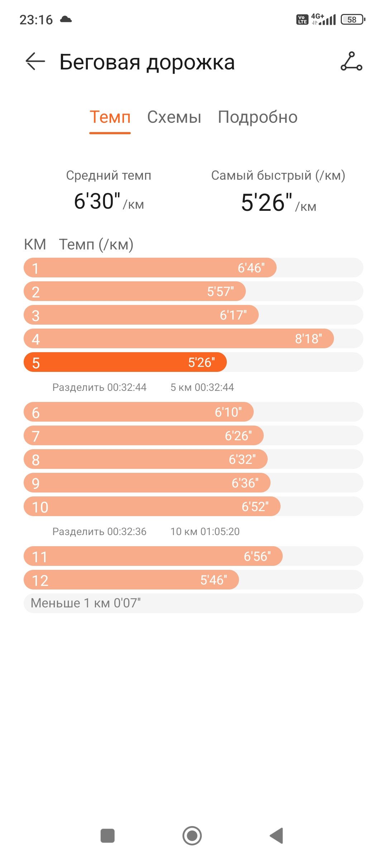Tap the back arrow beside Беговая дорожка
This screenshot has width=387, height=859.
point(35,62)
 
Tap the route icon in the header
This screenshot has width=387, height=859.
point(351,62)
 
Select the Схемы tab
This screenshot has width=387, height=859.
point(174,117)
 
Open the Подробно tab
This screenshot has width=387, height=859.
point(258,117)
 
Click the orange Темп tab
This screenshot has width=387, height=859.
point(110,117)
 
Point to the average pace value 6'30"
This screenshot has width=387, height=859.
point(97,201)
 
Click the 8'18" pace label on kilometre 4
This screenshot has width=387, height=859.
point(309,339)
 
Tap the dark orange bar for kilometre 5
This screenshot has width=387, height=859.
point(125,362)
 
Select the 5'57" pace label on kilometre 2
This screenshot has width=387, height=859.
point(220,291)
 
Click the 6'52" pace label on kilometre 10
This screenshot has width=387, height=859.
point(255,506)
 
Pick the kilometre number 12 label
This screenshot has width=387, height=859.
point(40,581)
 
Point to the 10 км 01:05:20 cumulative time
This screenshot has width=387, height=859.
point(205,532)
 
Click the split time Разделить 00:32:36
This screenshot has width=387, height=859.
point(99,532)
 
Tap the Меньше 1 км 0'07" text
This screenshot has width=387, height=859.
point(86,603)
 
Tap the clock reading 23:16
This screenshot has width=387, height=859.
point(36,20)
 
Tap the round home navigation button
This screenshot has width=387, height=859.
point(192,836)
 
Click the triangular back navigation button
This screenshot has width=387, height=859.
point(277,836)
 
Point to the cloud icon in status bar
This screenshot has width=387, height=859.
point(66,19)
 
